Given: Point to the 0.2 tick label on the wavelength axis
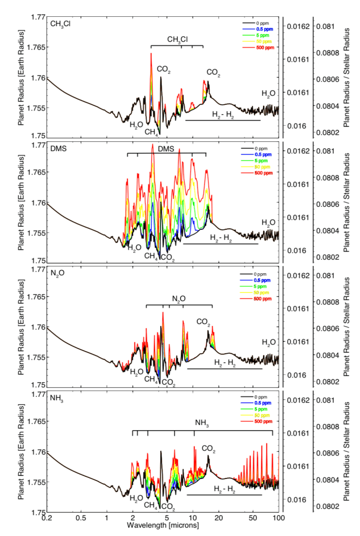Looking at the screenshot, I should tap(47, 518).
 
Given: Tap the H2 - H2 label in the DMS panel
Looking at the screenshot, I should tap(221, 238).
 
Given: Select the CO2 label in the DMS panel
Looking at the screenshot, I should tap(168, 258).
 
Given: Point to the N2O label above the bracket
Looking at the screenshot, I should tap(178, 299).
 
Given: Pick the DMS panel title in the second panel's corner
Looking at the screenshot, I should tap(58, 149).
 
